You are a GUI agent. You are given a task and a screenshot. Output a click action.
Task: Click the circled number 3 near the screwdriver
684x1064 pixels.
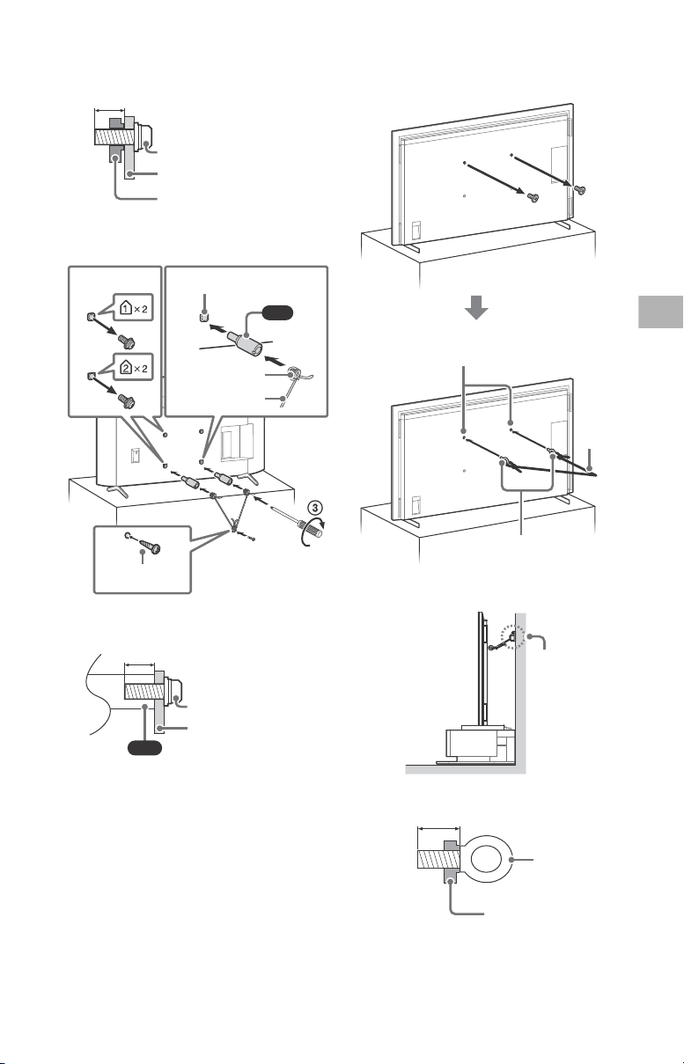tap(315, 507)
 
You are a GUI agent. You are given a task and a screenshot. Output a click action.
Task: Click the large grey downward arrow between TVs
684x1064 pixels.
tap(476, 307)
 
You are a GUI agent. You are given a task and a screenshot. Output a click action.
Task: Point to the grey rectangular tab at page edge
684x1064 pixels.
tap(661, 312)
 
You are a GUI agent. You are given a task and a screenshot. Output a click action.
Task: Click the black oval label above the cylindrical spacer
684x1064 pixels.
tap(277, 312)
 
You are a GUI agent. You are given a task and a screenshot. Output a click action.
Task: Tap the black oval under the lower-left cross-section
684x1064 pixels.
tap(145, 748)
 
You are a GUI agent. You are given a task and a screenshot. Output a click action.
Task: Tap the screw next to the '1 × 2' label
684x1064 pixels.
tap(127, 341)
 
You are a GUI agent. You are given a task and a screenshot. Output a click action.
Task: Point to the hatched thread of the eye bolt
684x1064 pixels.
tap(438, 859)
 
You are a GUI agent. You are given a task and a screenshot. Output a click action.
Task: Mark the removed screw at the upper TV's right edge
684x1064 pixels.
tap(579, 190)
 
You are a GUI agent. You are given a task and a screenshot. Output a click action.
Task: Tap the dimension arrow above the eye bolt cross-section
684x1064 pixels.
tap(438, 829)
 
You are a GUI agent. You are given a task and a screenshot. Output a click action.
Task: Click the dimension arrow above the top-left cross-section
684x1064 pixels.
tap(110, 110)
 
